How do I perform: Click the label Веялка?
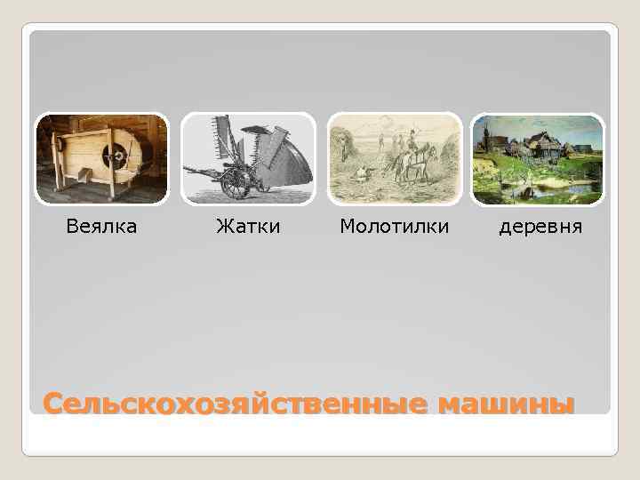pyautogui.click(x=101, y=227)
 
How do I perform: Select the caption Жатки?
pyautogui.click(x=248, y=227)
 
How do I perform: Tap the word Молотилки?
pyautogui.click(x=394, y=227)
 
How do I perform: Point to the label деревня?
pyautogui.click(x=540, y=227)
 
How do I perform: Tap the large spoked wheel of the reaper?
pyautogui.click(x=237, y=183)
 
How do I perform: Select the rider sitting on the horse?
pyautogui.click(x=412, y=143)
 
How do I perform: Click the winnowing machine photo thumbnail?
pyautogui.click(x=101, y=159)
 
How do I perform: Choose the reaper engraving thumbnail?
pyautogui.click(x=248, y=159)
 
